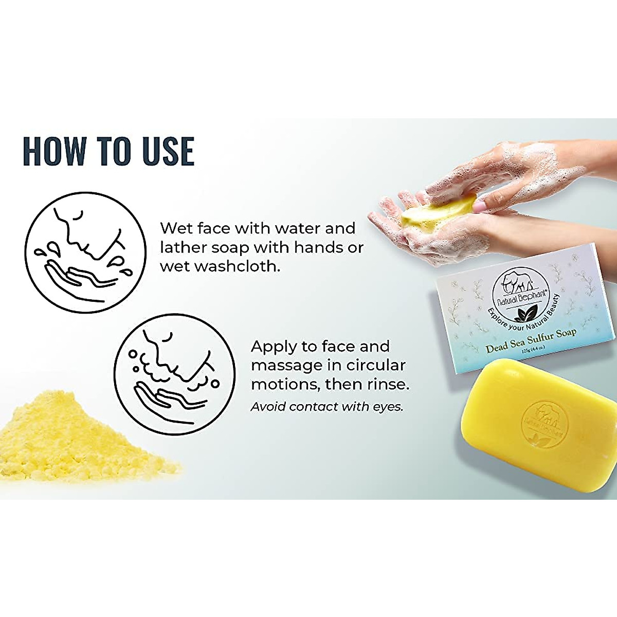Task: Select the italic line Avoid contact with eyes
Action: [326, 407]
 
